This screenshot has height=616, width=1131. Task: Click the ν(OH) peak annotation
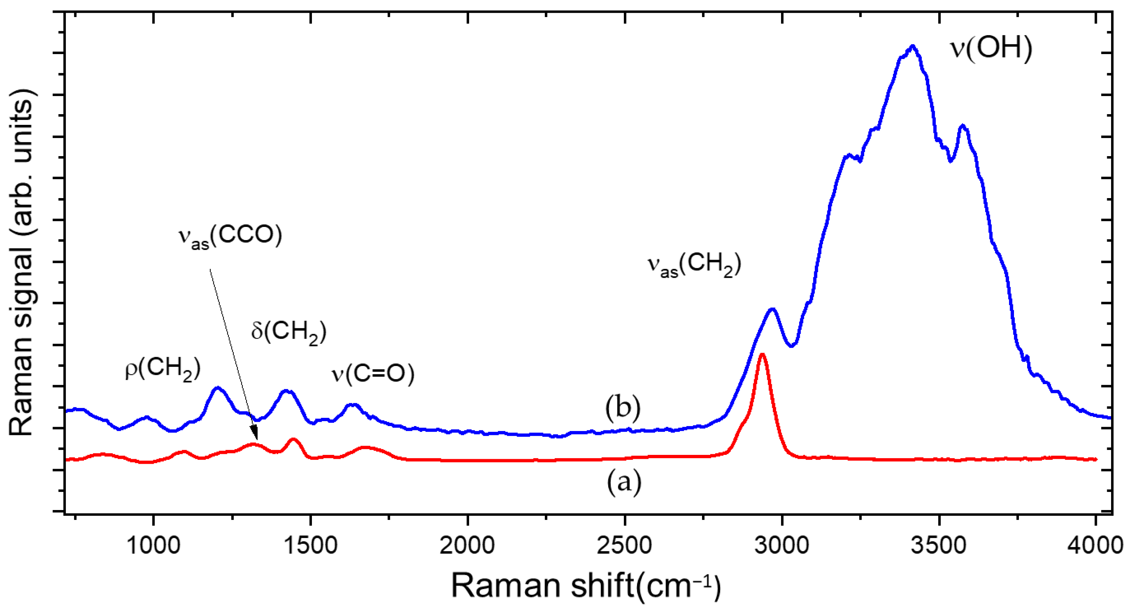pyautogui.click(x=991, y=49)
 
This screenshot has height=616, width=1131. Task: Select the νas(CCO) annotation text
pyautogui.click(x=230, y=237)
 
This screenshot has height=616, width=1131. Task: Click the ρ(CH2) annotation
pyautogui.click(x=163, y=369)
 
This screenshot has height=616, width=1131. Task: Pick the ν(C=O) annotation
pyautogui.click(x=372, y=374)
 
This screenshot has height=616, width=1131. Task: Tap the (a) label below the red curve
pyautogui.click(x=623, y=482)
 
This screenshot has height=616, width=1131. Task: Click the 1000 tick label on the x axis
pyautogui.click(x=153, y=545)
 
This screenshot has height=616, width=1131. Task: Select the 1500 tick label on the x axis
pyautogui.click(x=310, y=545)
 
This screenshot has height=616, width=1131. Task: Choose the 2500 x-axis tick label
pyautogui.click(x=624, y=545)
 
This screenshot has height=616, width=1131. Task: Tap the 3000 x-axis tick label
pyautogui.click(x=781, y=545)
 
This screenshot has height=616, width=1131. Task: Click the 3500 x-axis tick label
pyautogui.click(x=939, y=545)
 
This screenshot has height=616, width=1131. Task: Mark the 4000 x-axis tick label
pyautogui.click(x=1095, y=545)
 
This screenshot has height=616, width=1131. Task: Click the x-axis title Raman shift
pyautogui.click(x=586, y=586)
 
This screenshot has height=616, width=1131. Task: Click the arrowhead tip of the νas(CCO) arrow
pyautogui.click(x=256, y=439)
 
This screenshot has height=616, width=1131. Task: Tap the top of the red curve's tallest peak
pyautogui.click(x=763, y=354)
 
